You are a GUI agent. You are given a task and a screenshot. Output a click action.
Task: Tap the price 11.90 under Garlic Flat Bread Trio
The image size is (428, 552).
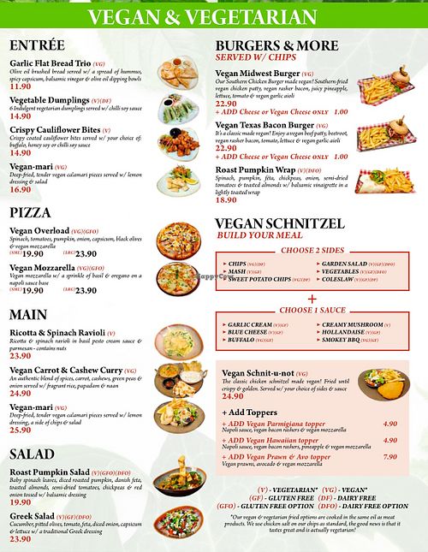pos(21,86)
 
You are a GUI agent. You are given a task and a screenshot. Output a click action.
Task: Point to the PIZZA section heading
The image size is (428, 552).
pos(31,212)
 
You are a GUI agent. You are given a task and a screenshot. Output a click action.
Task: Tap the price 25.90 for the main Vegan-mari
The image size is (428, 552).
pos(21,430)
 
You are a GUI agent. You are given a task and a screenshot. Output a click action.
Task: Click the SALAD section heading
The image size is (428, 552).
pos(33,454)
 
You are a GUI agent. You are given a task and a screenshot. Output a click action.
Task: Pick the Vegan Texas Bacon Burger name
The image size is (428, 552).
pos(265,125)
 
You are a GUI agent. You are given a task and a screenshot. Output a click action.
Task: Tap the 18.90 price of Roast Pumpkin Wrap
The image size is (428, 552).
pos(227,200)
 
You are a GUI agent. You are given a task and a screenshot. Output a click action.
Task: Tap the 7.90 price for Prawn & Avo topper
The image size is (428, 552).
pos(390,457)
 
